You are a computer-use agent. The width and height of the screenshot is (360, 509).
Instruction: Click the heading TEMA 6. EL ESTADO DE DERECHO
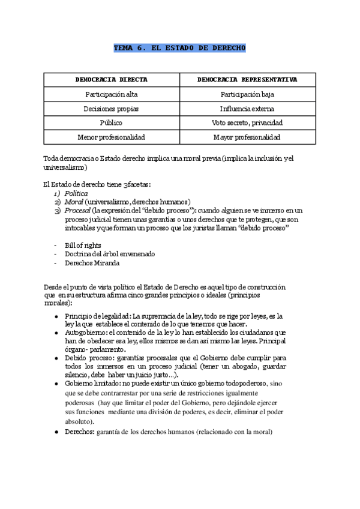coord(179,47)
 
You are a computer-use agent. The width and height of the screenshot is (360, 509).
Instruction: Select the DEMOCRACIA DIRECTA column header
coord(111,79)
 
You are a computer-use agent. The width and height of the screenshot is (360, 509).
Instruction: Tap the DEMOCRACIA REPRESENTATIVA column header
coord(247,79)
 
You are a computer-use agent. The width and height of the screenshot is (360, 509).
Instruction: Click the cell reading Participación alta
coord(111,94)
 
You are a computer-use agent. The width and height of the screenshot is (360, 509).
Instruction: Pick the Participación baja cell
coord(247,94)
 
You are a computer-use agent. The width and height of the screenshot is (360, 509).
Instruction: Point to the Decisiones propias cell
coord(111,109)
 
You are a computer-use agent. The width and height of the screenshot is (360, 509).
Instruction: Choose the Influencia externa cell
coord(247,109)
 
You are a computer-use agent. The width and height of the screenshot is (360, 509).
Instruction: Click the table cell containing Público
coord(111,123)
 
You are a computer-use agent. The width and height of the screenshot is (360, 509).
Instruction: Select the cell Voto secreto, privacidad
coord(247,123)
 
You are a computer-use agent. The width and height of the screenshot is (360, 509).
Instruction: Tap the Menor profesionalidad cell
coord(111,137)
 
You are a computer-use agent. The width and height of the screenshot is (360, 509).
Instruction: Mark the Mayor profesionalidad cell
coord(247,137)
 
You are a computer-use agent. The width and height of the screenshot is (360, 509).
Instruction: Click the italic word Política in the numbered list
coord(76,193)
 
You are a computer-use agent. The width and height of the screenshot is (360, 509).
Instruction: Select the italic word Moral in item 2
coord(74,202)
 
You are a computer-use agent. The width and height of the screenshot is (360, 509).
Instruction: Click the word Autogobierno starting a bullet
coord(85,332)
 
